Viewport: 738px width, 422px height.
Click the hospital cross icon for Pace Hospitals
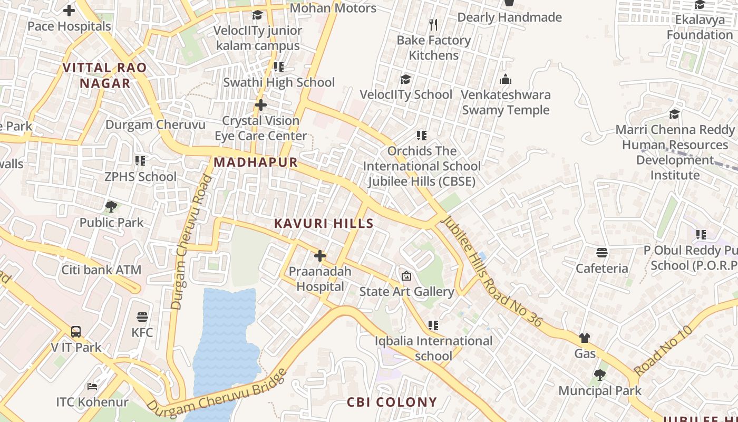pos(69,11)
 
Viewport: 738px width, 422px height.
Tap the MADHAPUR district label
pos(256,162)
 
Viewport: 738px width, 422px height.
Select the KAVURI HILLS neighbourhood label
pos(324,224)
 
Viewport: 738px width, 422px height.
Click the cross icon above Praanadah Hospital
pos(319,256)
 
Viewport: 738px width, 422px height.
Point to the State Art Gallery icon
pos(406,276)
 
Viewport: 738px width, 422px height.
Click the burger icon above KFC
pos(142,317)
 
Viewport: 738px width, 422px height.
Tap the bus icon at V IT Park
pos(76,332)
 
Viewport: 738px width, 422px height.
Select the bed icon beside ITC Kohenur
pos(92,387)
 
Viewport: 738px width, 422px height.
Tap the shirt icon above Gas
pos(585,338)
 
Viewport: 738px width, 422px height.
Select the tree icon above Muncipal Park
pos(599,375)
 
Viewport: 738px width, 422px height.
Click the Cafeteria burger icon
pos(601,253)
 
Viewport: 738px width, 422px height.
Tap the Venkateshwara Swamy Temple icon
pos(506,80)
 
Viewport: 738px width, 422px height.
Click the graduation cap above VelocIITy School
pos(405,79)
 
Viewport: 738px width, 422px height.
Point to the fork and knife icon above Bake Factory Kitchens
pos(433,25)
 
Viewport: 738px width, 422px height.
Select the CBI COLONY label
pos(392,402)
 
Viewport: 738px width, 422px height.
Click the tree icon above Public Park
pos(111,206)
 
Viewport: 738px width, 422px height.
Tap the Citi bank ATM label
pos(102,270)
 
